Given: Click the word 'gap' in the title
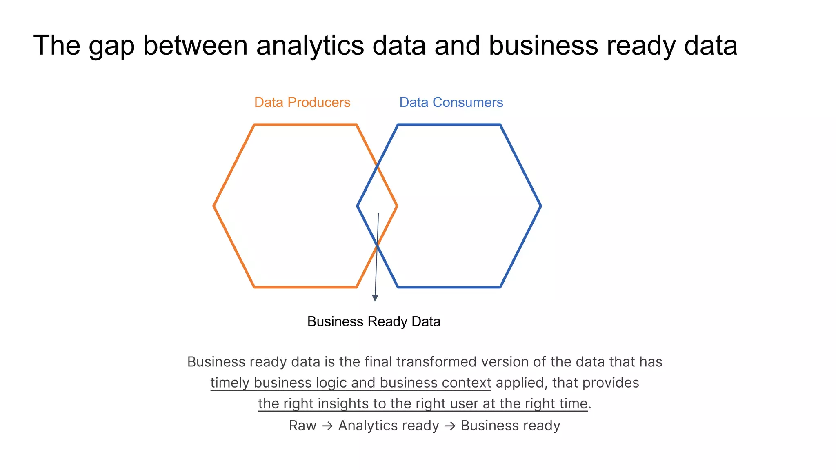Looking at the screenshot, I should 111,46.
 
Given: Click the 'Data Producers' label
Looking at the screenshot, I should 302,102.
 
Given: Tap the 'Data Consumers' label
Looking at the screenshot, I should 451,102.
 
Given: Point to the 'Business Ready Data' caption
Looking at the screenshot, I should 374,321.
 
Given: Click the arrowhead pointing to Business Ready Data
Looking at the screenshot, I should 375,298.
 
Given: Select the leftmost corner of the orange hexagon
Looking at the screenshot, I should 214,206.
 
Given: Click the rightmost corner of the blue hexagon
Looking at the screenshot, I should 541,206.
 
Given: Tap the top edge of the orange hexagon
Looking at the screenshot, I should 305,124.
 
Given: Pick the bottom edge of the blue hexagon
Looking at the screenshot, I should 449,287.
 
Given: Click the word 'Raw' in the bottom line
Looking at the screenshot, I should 302,426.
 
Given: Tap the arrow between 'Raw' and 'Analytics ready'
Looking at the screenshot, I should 327,426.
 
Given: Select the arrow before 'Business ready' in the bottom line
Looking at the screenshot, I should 450,426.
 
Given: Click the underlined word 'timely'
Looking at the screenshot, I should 230,383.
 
